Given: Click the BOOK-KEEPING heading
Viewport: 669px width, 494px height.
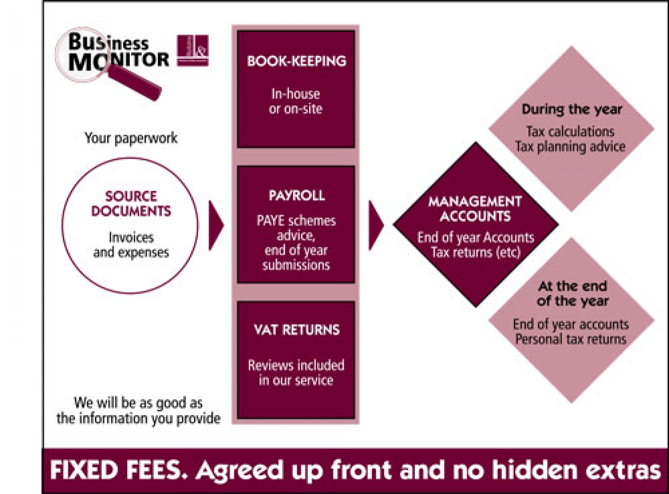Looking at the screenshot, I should [x=297, y=61].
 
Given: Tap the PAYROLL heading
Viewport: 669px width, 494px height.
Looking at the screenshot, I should [x=297, y=196].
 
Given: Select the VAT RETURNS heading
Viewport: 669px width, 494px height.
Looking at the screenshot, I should [x=297, y=330].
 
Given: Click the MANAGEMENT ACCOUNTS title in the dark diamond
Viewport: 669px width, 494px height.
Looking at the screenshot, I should [x=475, y=209].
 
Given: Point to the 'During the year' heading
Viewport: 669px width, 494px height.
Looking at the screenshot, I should [x=572, y=109].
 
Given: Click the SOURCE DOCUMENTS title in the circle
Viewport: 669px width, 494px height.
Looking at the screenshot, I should [x=131, y=204].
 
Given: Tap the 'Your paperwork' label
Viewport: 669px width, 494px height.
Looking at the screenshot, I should [x=131, y=138].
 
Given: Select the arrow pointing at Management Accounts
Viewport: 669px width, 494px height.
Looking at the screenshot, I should [x=376, y=225].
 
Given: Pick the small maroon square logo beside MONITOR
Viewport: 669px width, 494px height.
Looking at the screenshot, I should [x=193, y=50].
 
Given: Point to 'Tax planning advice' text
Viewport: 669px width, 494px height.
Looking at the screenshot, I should [x=570, y=147].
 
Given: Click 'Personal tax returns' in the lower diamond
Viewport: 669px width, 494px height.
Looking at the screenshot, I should [x=571, y=339].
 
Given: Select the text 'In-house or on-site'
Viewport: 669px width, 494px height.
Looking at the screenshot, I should [x=296, y=101].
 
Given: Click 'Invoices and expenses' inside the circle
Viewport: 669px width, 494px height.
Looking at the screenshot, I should [x=131, y=245].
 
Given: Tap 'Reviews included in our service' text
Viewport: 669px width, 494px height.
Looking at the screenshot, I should [x=296, y=372].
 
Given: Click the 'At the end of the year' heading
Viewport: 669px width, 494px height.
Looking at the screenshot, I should [x=573, y=293].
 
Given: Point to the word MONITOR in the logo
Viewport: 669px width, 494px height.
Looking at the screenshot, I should [x=119, y=61].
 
